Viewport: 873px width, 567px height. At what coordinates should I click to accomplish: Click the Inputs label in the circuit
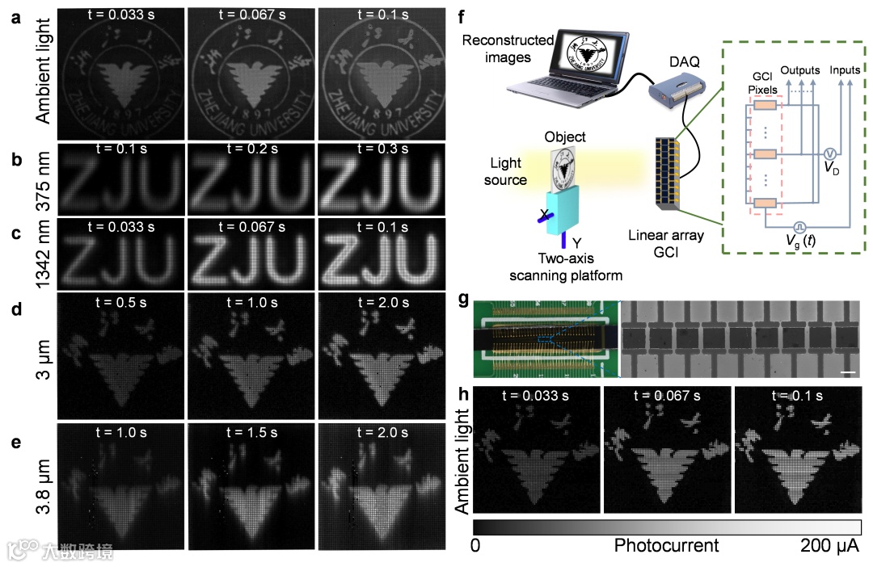(845, 70)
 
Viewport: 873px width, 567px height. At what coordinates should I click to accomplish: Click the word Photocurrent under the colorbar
(666, 546)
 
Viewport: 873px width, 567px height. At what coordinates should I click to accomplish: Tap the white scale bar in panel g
(849, 372)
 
